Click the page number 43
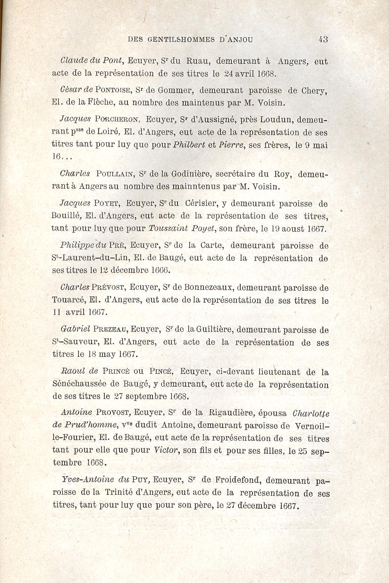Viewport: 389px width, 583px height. (323, 40)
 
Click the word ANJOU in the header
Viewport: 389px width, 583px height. (239, 40)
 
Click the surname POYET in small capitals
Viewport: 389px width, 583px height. (108, 203)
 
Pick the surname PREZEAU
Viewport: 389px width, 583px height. (111, 330)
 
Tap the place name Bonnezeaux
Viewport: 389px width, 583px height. (207, 287)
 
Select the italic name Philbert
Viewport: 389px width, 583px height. (189, 145)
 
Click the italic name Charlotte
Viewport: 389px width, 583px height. (311, 414)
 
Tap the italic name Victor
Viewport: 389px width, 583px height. (167, 450)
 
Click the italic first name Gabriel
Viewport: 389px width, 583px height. (75, 330)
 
